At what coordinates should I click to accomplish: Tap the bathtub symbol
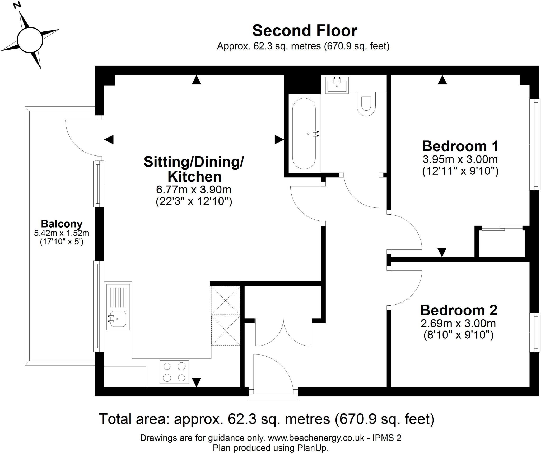(x=304, y=134)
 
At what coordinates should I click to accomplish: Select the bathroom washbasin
(x=337, y=85)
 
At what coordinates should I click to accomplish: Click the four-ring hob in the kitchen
(x=174, y=372)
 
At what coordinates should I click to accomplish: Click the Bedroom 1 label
(x=460, y=146)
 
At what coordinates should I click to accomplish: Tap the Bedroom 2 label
(x=459, y=310)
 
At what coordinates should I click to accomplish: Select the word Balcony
(x=62, y=224)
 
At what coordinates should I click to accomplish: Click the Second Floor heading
(x=305, y=31)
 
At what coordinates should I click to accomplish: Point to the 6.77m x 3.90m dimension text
(x=194, y=190)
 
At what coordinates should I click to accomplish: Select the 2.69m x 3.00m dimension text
(x=458, y=323)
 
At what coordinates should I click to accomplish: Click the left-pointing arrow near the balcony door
(x=109, y=139)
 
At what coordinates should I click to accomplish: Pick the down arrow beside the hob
(x=196, y=382)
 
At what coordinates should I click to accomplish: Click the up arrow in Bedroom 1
(x=442, y=80)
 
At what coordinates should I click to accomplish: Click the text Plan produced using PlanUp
(x=271, y=448)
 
